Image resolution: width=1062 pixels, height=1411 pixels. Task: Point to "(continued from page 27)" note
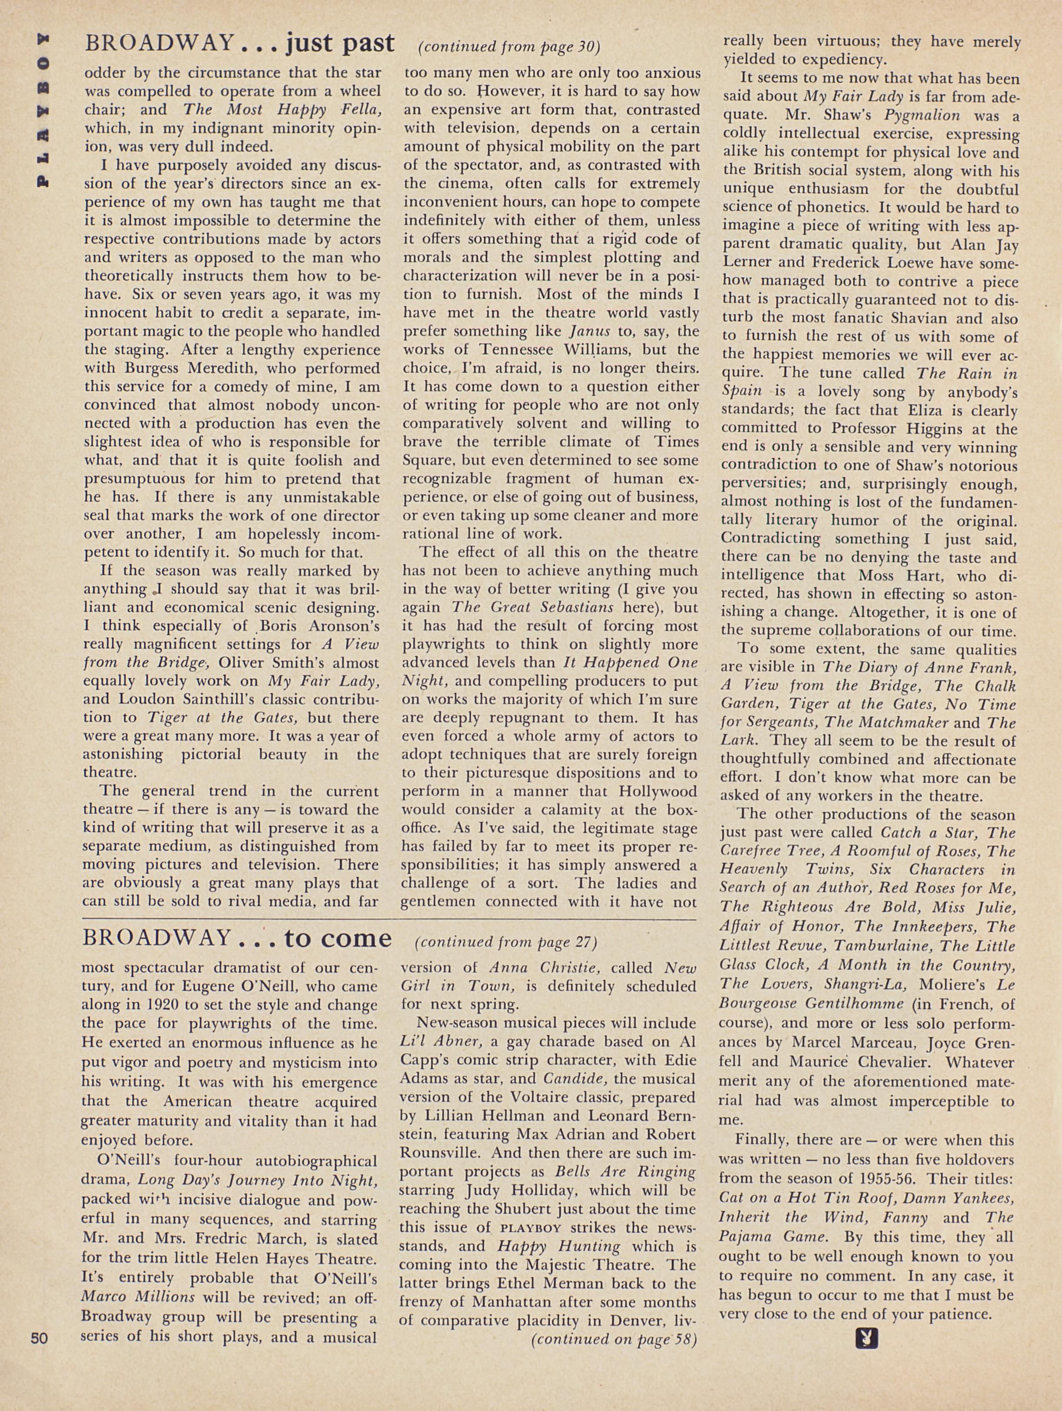click(x=505, y=941)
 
